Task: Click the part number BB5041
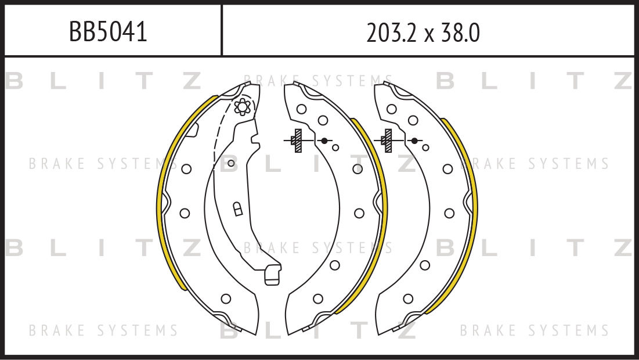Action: [x=108, y=31]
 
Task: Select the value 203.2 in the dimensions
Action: [x=391, y=33]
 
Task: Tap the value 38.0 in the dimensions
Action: [x=459, y=33]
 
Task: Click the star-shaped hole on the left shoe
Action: [x=242, y=107]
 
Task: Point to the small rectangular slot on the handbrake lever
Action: [x=237, y=209]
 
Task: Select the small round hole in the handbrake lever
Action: [x=231, y=164]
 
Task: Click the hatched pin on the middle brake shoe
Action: [x=298, y=141]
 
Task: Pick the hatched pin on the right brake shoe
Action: [x=388, y=141]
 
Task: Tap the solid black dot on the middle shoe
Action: [x=324, y=141]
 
